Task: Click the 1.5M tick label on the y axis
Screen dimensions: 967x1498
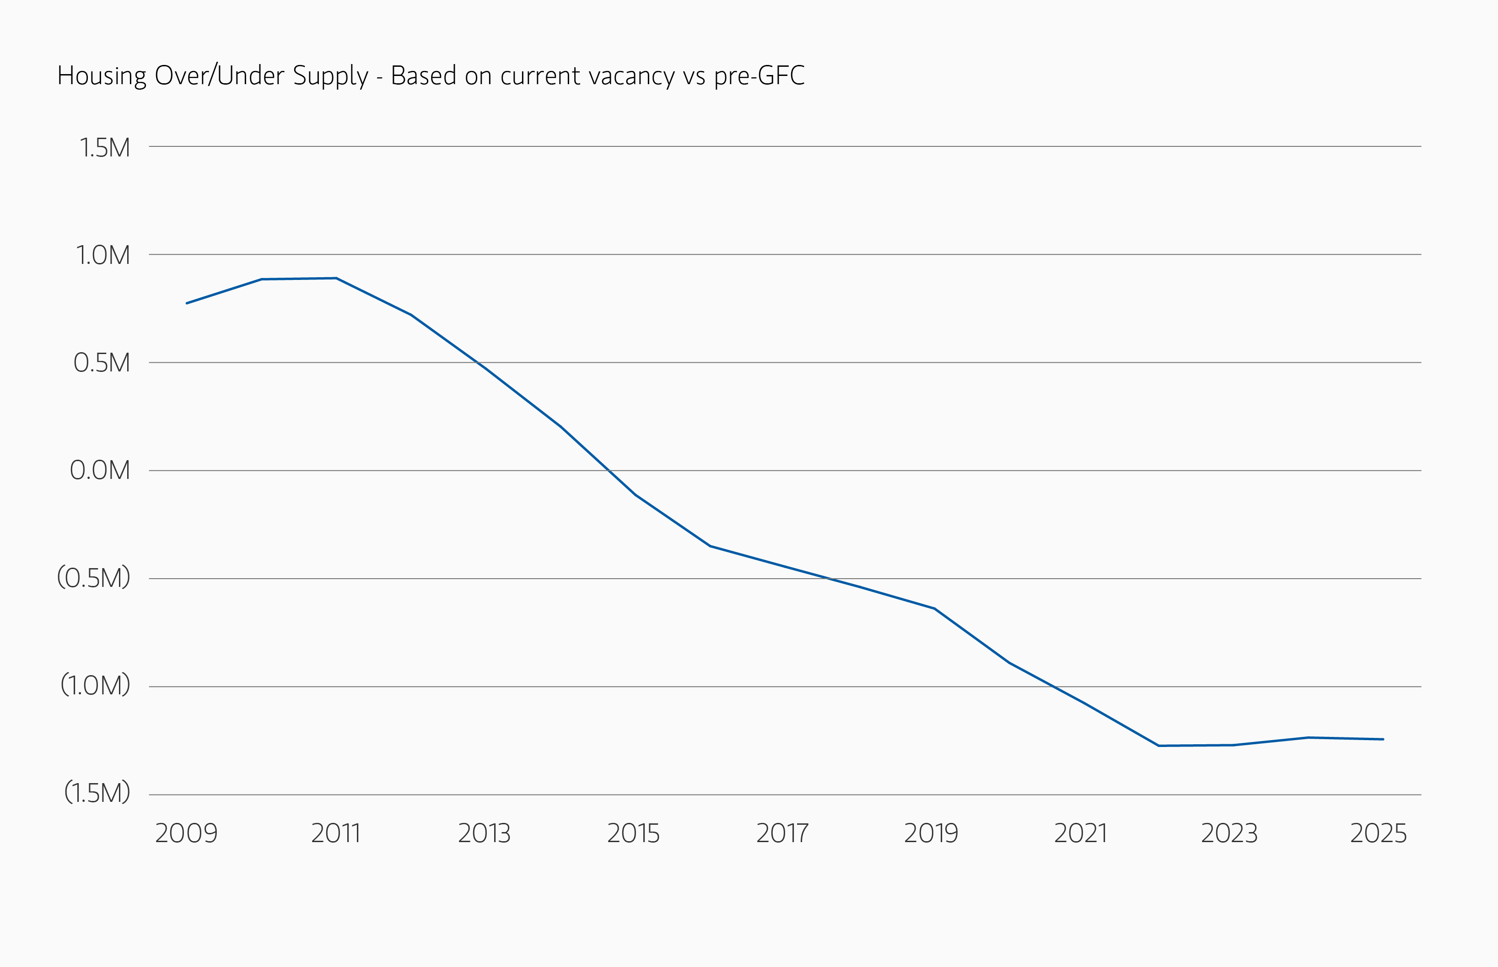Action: pos(104,148)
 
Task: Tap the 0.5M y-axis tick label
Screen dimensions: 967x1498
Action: pos(101,363)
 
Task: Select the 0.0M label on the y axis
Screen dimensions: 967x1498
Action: pos(99,470)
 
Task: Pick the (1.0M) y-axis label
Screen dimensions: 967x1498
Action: pos(95,685)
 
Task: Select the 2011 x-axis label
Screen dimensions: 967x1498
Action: pos(335,833)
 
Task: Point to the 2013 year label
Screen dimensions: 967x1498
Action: pos(484,833)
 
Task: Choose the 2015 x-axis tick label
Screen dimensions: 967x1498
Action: pos(633,833)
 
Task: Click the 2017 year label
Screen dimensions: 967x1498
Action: pos(782,833)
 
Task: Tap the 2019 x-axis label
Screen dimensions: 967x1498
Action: pos(931,833)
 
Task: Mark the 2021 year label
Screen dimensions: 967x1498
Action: pos(1080,833)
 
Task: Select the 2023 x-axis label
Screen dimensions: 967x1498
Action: pos(1229,833)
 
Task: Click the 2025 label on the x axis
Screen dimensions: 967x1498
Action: pos(1379,833)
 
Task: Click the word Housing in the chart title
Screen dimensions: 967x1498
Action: pos(102,76)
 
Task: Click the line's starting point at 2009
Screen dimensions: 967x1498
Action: pos(187,303)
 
